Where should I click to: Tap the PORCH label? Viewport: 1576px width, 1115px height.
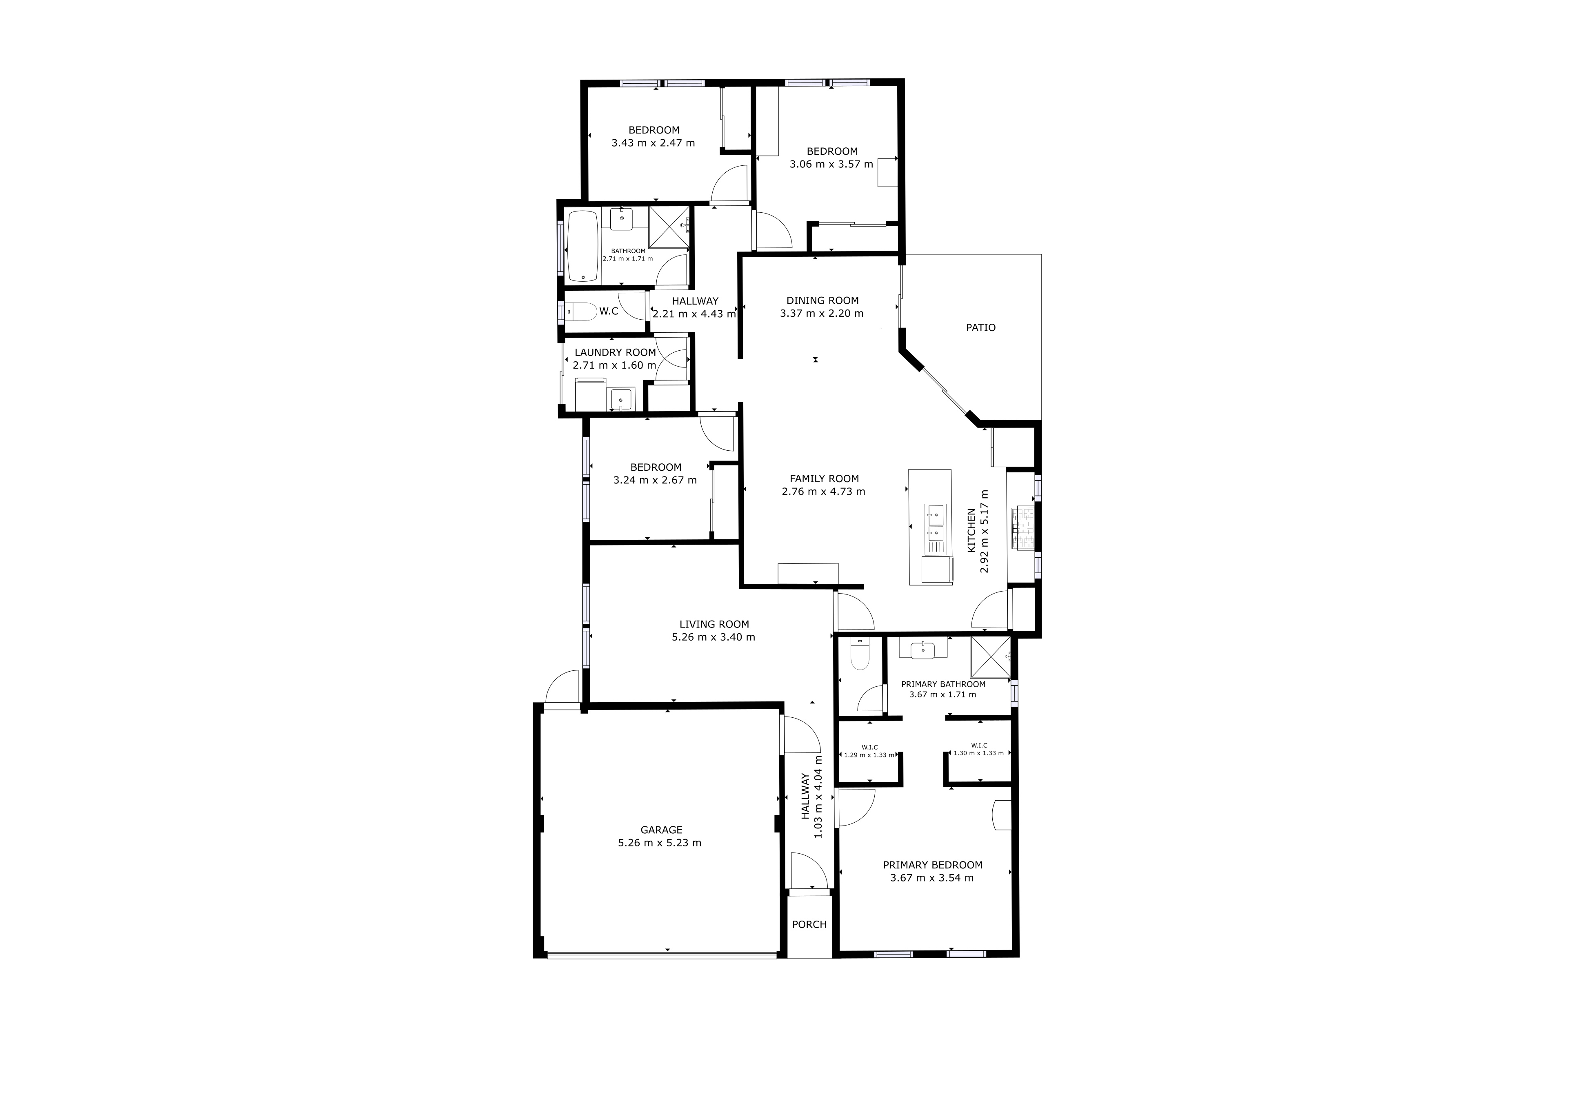[809, 925]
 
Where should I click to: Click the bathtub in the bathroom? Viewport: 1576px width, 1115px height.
[583, 246]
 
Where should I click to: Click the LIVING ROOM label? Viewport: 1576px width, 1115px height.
[714, 625]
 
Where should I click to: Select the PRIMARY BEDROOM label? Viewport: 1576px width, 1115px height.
[932, 865]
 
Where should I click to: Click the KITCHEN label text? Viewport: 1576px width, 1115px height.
[971, 531]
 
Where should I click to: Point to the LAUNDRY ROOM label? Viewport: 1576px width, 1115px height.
[615, 353]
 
